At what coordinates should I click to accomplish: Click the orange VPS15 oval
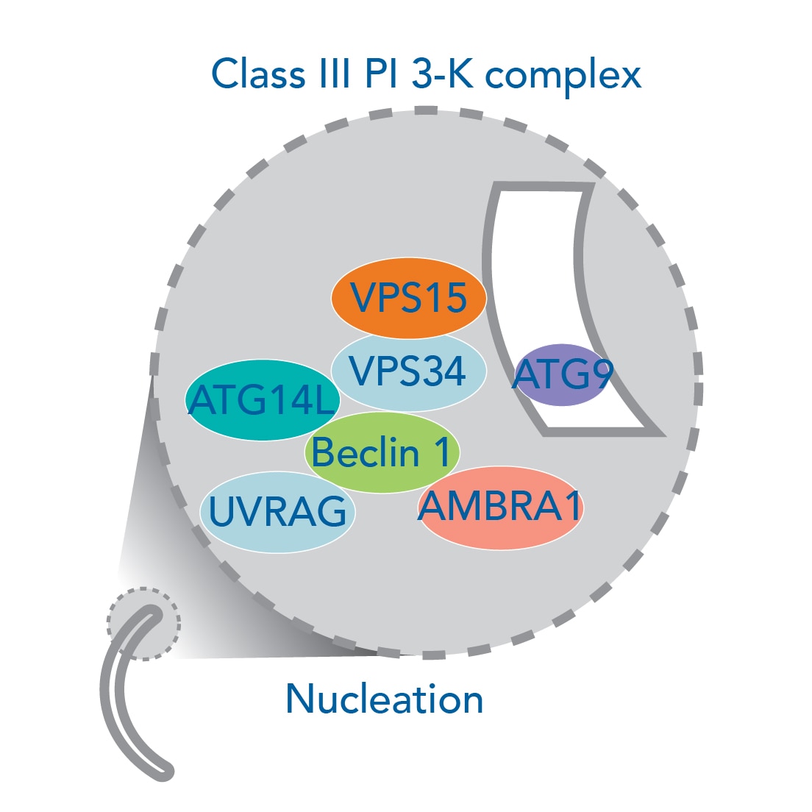[409, 297]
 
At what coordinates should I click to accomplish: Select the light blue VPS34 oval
[409, 371]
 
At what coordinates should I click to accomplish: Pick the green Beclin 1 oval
[382, 452]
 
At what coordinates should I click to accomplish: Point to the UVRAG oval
[277, 512]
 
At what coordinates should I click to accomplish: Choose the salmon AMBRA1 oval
[501, 508]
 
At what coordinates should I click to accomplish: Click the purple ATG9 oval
[563, 375]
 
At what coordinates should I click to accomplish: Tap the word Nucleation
[384, 699]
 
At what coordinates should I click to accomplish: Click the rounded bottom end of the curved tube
[165, 772]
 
